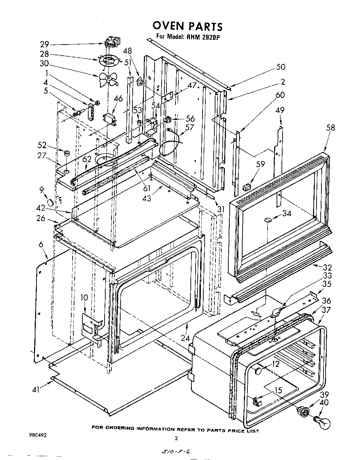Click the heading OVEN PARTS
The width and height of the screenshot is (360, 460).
click(x=187, y=26)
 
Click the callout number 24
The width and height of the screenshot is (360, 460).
click(x=186, y=337)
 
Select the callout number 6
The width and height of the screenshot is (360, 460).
click(x=41, y=245)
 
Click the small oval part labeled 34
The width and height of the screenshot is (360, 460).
click(x=268, y=220)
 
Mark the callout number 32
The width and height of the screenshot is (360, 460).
click(x=327, y=267)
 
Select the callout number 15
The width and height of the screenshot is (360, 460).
click(x=278, y=390)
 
